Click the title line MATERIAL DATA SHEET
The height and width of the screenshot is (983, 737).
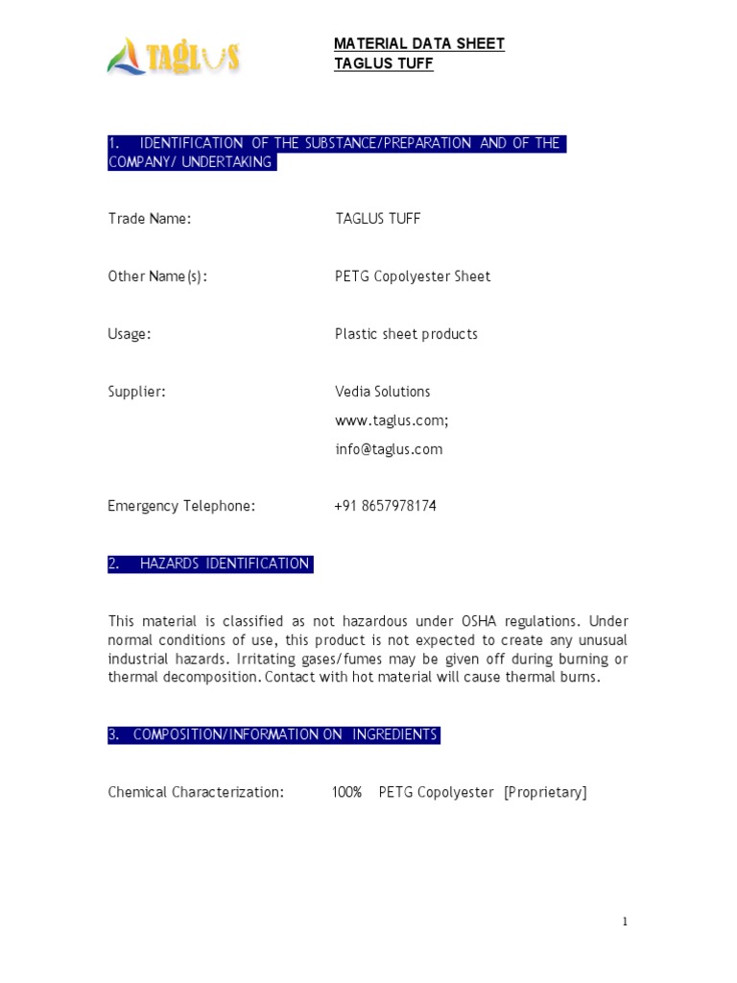click(418, 43)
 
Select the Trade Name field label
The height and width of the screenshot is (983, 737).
click(150, 219)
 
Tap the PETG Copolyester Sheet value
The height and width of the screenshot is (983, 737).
click(413, 276)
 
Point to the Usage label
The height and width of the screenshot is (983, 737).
click(130, 334)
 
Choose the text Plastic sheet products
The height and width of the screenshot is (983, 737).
click(406, 334)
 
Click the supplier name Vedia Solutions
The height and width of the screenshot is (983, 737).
click(383, 392)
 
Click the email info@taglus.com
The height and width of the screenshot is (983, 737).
click(389, 449)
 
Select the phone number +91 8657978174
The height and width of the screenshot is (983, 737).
click(386, 506)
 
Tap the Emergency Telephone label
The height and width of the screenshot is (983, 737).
click(181, 506)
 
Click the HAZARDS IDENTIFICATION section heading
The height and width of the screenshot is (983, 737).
click(224, 563)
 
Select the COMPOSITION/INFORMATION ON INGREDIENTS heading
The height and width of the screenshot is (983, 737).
click(285, 734)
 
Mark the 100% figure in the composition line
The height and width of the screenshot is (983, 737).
click(347, 792)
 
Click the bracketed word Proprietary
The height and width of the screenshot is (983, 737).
click(545, 792)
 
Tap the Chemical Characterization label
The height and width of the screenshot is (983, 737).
click(196, 792)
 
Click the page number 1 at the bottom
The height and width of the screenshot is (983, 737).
click(625, 922)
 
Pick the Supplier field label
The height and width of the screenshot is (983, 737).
click(137, 392)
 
